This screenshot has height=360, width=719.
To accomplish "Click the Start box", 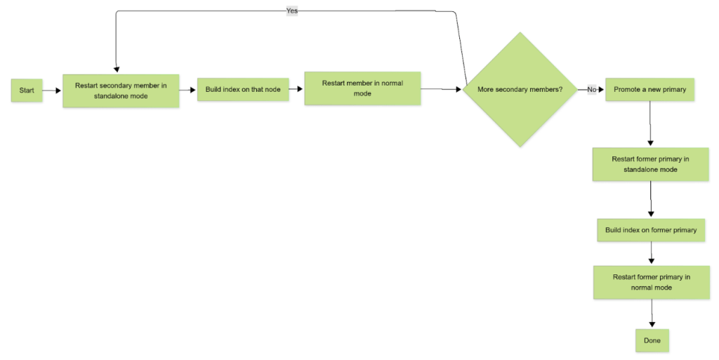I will tap(27, 90).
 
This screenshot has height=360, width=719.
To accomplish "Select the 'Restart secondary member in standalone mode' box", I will tap(121, 91).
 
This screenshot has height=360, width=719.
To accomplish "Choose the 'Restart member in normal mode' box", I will tap(362, 88).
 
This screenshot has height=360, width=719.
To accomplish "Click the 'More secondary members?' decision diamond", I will tap(520, 90).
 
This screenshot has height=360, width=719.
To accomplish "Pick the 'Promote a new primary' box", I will tap(649, 90).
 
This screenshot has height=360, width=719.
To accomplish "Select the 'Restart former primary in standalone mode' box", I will tap(650, 164).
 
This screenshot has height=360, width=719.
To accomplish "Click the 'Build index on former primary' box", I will tap(651, 230).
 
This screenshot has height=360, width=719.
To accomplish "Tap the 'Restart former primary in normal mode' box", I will tap(651, 282).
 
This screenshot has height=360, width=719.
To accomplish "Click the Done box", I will tap(652, 340).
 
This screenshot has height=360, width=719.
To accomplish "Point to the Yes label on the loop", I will tap(292, 11).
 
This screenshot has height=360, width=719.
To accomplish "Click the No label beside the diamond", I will tap(592, 90).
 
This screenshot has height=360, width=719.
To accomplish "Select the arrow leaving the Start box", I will tap(52, 90).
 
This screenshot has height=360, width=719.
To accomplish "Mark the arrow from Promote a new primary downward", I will tap(651, 124).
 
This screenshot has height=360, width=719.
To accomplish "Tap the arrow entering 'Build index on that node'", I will tap(187, 90).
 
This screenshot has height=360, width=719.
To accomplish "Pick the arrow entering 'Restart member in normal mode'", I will tap(296, 89).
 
